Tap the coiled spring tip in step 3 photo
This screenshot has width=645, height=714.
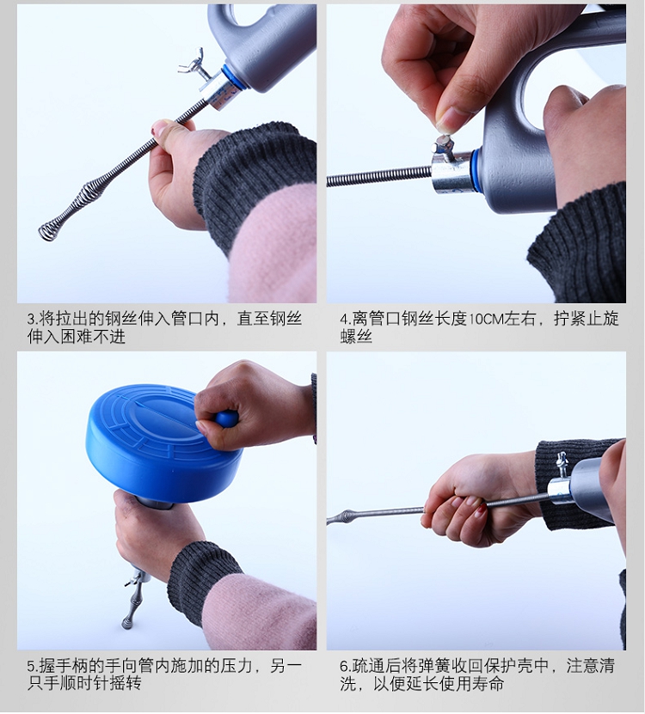coord(48,231)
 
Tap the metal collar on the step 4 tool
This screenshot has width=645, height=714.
coord(451,172)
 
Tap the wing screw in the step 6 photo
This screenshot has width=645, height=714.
coord(561,465)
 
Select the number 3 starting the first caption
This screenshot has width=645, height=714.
coord(31,320)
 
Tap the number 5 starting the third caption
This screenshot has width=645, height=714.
coord(31,667)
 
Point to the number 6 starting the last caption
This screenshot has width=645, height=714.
coord(344,667)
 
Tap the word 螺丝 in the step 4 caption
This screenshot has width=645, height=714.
coord(356,337)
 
